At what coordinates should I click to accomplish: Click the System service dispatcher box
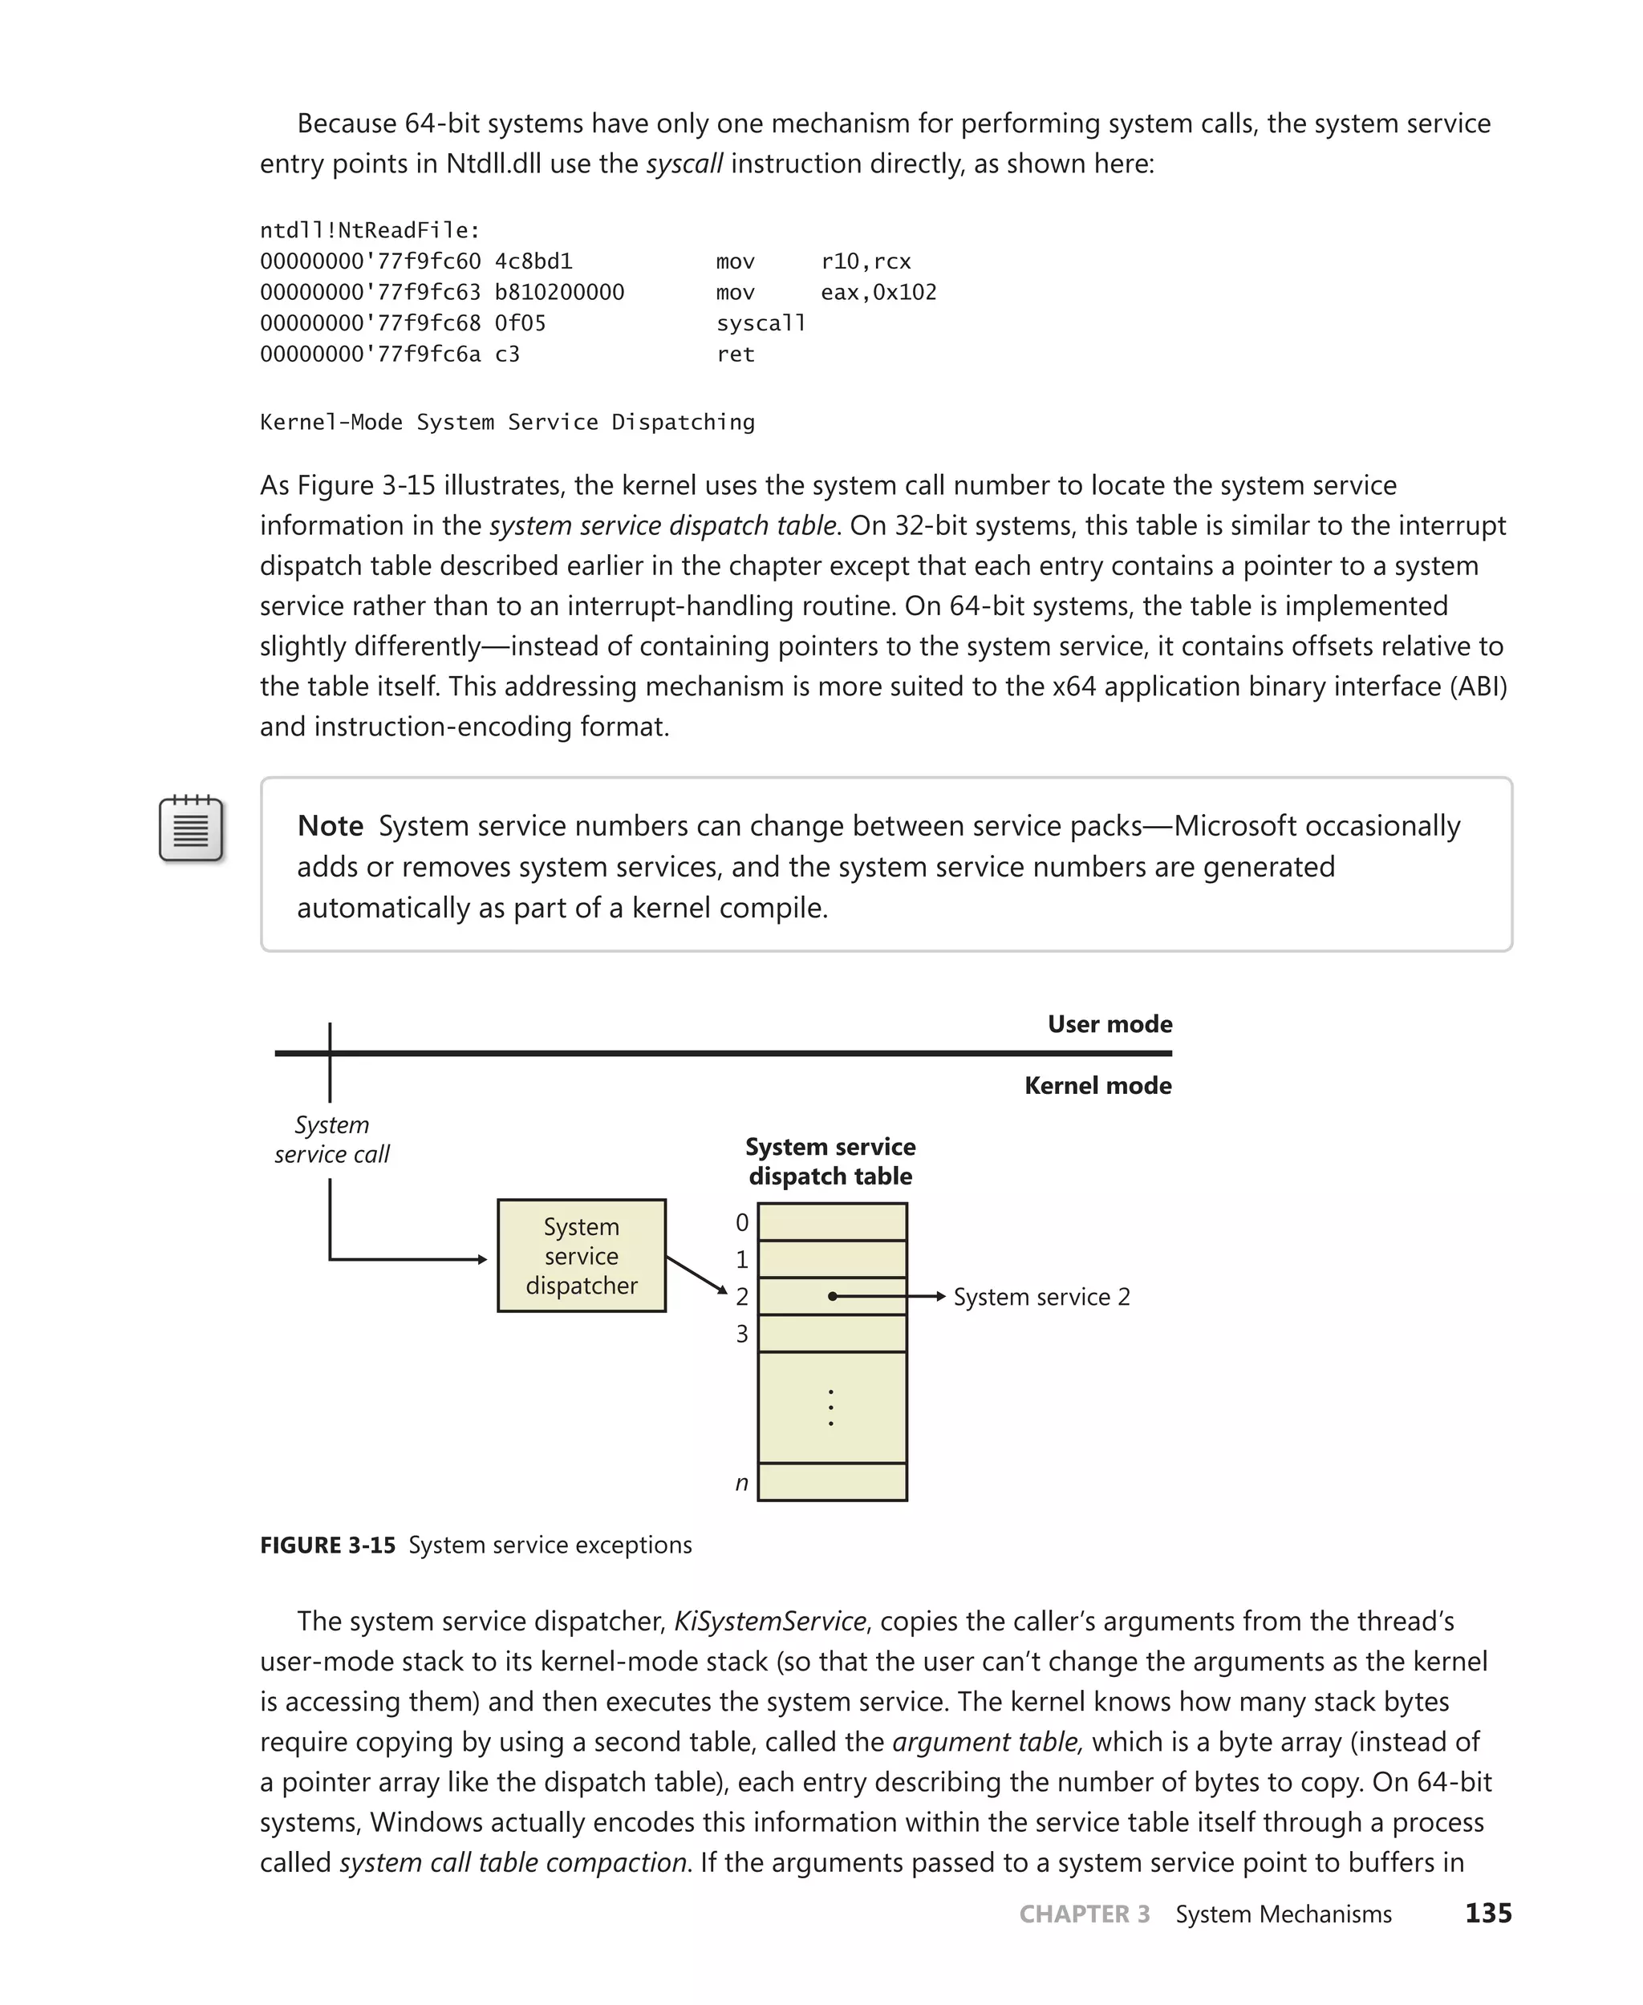click(581, 1256)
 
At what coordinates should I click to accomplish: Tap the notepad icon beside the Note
click(191, 829)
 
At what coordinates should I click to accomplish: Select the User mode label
click(1110, 1024)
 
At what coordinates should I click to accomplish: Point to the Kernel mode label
click(1097, 1085)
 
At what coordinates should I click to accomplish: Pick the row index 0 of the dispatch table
click(742, 1222)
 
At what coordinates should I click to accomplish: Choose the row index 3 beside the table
click(742, 1335)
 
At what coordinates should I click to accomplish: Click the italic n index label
click(742, 1483)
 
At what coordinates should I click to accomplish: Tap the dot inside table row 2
click(832, 1296)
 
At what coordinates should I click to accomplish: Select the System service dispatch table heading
click(830, 1161)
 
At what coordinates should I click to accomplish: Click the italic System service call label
click(331, 1139)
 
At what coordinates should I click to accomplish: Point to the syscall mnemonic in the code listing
click(760, 323)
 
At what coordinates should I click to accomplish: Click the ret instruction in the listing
click(736, 354)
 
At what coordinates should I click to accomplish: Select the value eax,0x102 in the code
click(878, 293)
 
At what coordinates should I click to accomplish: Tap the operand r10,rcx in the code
click(865, 261)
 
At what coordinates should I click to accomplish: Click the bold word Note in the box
click(330, 826)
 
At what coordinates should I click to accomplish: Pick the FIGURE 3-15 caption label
click(327, 1545)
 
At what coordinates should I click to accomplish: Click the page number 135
click(1488, 1914)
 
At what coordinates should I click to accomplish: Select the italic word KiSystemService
click(769, 1622)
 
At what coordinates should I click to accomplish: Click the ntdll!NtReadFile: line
click(370, 230)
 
